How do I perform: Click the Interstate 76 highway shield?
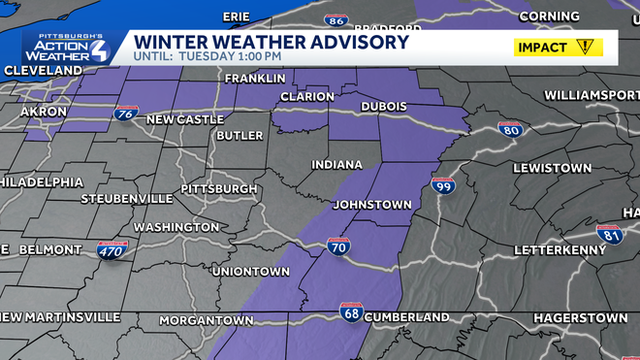pyautogui.click(x=124, y=115)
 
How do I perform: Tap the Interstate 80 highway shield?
pyautogui.click(x=510, y=130)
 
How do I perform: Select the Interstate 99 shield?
pyautogui.click(x=443, y=184)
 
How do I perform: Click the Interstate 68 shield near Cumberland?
pyautogui.click(x=351, y=312)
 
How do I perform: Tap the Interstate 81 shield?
pyautogui.click(x=609, y=234)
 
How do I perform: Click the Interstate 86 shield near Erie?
pyautogui.click(x=336, y=19)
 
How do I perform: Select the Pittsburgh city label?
pyautogui.click(x=219, y=188)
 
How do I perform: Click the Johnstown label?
pyautogui.click(x=372, y=206)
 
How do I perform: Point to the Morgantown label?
pyautogui.click(x=206, y=319)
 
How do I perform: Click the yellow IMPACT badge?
pyautogui.click(x=558, y=47)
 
